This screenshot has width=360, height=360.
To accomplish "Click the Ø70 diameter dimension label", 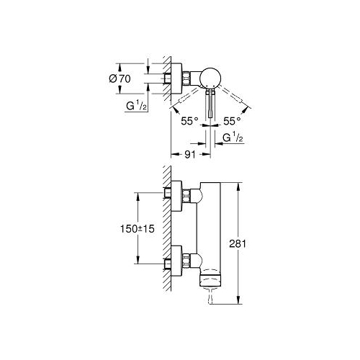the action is tap(120, 78).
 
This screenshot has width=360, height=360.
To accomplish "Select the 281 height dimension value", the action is tap(238, 244).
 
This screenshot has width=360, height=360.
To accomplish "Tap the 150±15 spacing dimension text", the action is tap(138, 229).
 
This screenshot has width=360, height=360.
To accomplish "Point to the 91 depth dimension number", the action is tap(190, 155).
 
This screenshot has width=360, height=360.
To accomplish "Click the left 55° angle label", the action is tap(189, 121).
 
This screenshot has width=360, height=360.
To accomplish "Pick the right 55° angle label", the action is tap(232, 121).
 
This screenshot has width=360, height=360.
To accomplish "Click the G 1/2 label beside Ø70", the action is tap(136, 106).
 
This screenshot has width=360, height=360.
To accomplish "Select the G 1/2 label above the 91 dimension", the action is tap(233, 138).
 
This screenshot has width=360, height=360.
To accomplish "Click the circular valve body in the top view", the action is tap(210, 78).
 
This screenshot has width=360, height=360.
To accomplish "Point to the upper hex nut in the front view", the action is tap(186, 196).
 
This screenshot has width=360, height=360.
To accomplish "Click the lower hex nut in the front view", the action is tap(186, 261).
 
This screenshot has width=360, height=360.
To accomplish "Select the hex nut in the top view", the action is tap(186, 78).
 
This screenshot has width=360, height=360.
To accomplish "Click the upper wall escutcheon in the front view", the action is tap(176, 196).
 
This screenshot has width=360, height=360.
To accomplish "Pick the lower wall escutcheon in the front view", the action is tap(176, 261).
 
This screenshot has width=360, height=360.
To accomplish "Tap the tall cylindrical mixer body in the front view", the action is tap(210, 235).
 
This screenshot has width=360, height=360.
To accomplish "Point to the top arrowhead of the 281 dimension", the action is tap(238, 186).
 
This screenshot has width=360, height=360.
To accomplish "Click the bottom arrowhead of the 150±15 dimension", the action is tap(138, 260).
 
